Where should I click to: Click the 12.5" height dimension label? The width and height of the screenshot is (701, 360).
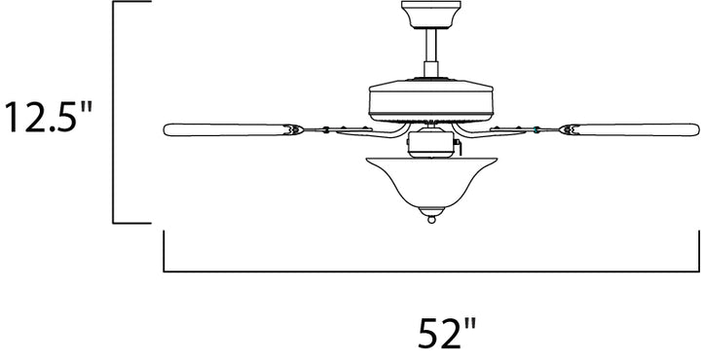click(x=48, y=117)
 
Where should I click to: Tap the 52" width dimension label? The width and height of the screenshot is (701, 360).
click(x=447, y=333)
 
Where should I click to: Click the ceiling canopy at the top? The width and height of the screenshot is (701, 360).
click(x=431, y=15)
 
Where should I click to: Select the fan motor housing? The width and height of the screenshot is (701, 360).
click(x=431, y=101)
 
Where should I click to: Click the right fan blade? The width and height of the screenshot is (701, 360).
click(x=630, y=129)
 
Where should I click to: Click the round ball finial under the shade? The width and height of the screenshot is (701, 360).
click(x=431, y=220)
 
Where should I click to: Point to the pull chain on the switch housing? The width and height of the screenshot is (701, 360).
click(x=458, y=144)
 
